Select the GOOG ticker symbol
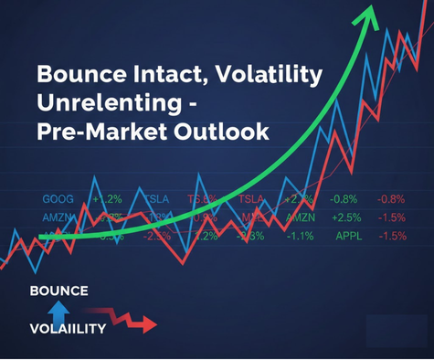coord(59,199)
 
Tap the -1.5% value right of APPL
coord(393,236)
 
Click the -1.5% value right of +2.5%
coord(393,217)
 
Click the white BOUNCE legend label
coord(58,291)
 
